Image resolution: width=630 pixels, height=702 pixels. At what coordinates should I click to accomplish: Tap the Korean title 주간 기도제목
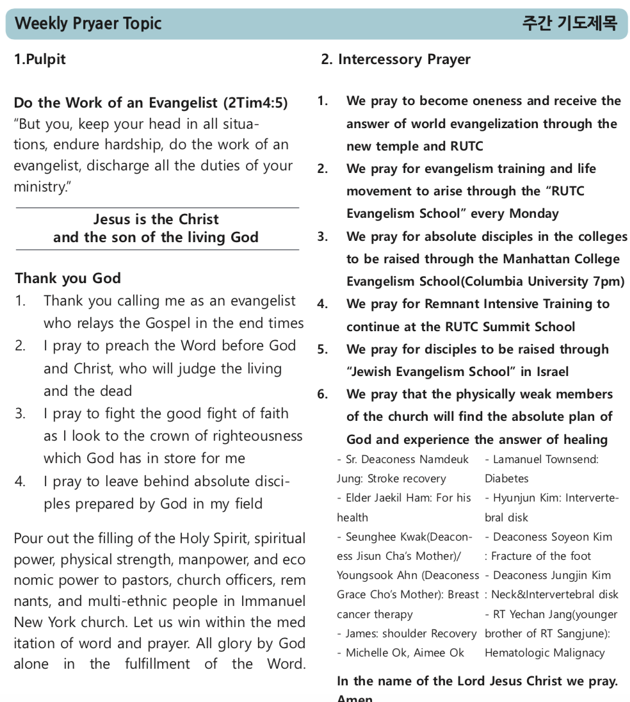point(569,24)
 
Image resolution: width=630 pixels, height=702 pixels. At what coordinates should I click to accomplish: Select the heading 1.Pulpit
point(40,60)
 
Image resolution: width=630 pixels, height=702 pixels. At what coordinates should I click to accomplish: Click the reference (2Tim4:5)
point(255,102)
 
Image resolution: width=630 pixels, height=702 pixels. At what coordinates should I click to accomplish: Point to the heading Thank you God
point(68,278)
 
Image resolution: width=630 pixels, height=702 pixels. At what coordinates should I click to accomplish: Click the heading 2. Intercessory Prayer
point(396,60)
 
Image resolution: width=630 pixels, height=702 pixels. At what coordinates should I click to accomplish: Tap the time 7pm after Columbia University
point(610,281)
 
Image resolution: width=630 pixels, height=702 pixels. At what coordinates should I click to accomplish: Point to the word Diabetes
point(506,478)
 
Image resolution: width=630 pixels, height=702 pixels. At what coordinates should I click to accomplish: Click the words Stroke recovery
point(407,478)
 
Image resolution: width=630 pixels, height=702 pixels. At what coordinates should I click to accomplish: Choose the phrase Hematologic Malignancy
point(544,653)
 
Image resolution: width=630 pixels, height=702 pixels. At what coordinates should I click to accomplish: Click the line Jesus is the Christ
point(156,219)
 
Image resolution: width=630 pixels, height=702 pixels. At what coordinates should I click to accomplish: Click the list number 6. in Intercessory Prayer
point(323,395)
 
